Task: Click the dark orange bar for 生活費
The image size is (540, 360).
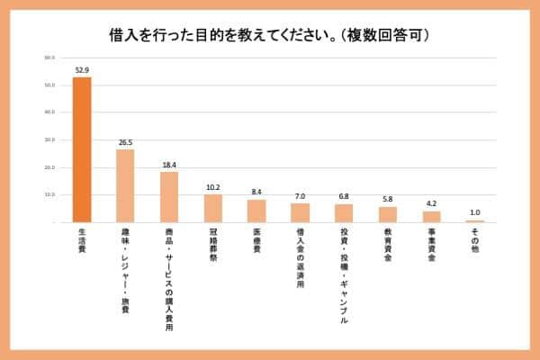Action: point(82,149)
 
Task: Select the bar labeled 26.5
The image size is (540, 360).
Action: point(125,185)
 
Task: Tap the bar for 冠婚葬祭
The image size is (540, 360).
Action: point(212,208)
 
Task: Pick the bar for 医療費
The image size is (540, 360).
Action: point(256,211)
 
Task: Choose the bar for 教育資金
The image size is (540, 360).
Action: point(387,214)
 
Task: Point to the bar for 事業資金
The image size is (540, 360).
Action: point(431,216)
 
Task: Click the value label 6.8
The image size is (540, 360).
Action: point(344,195)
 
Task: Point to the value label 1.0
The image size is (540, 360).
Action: point(474,211)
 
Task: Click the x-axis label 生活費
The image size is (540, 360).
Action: point(82,241)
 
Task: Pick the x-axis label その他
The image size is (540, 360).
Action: point(474,241)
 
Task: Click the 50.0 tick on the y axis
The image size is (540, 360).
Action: point(49,85)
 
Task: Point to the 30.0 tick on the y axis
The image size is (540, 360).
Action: point(49,139)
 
